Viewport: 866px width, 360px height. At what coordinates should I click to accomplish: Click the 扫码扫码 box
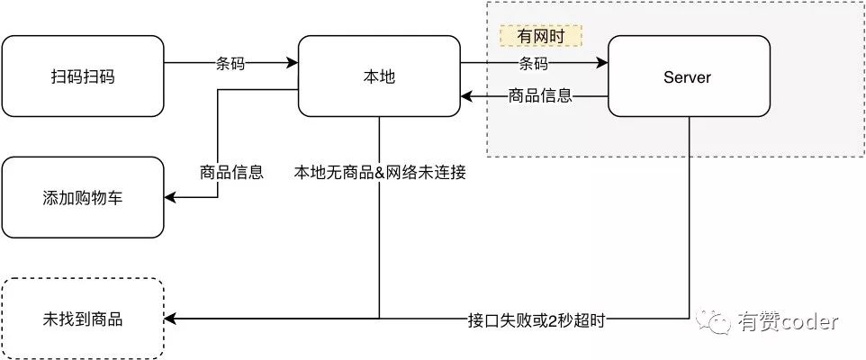[x=83, y=76]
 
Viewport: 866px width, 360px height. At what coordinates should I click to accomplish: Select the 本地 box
[x=378, y=76]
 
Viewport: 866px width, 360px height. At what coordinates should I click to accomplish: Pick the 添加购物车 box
[x=83, y=197]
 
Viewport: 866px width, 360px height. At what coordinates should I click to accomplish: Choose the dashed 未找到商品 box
[x=83, y=319]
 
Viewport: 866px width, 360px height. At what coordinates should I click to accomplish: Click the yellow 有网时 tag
[x=541, y=36]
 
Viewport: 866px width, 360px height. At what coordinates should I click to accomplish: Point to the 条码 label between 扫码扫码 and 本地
[x=230, y=64]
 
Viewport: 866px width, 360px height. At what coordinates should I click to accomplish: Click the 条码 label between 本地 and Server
[x=534, y=64]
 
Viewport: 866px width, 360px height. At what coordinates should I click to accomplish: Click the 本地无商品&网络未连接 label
[x=379, y=172]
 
